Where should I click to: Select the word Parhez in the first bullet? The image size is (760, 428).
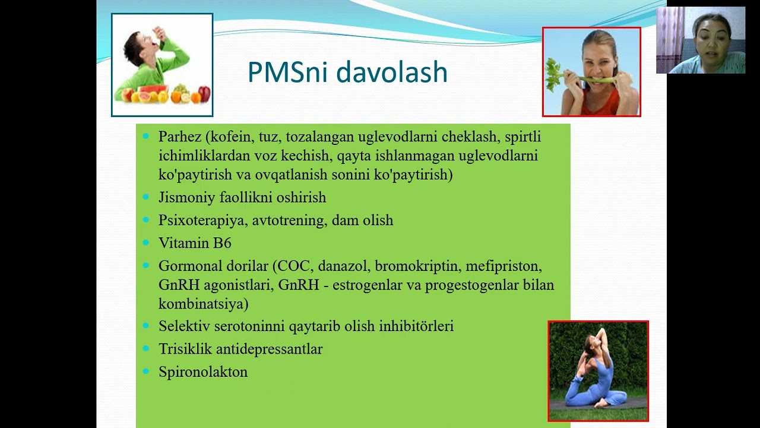point(180,137)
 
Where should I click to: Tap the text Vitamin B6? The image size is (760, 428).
point(195,243)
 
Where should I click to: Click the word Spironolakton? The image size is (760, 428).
point(202,372)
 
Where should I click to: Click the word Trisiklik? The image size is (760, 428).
point(185,349)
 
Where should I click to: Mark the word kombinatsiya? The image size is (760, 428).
point(201,304)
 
